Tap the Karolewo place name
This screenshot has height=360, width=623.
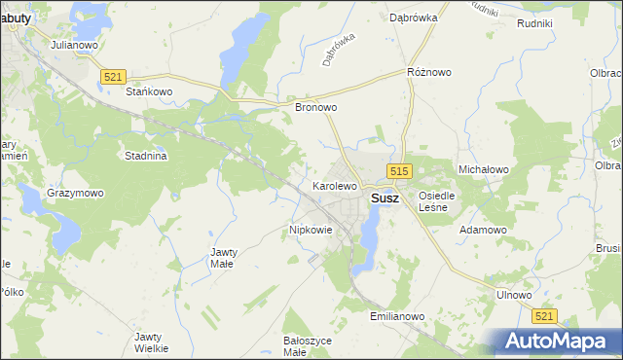coord(335,184)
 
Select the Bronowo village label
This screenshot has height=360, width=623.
coord(315,108)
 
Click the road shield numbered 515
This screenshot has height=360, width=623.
coord(397,171)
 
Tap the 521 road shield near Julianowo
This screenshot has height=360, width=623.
coord(114,76)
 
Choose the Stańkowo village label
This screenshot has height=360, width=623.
coord(149,91)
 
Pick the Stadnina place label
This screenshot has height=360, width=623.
coord(147,155)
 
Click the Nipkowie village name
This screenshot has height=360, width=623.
coord(311,231)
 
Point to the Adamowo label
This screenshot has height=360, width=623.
coord(484,230)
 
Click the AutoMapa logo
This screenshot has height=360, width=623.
coord(558,341)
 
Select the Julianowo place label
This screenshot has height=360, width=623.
coord(76,45)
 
